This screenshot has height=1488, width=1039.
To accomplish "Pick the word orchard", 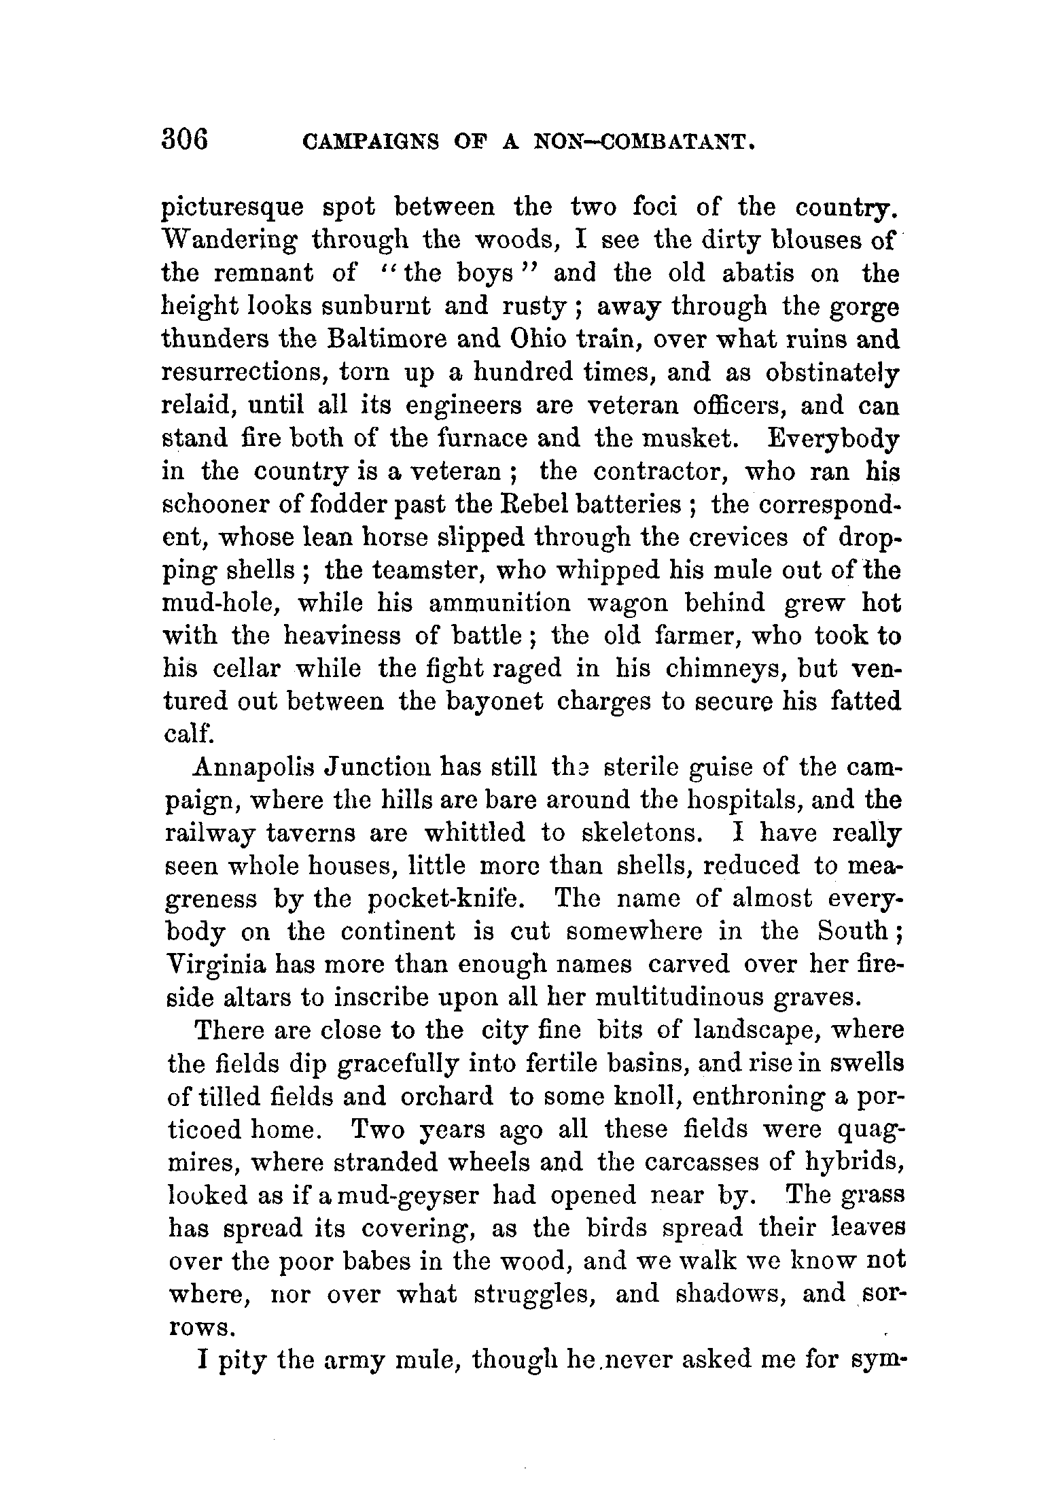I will (x=446, y=1096).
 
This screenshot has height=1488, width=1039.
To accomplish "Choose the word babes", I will (x=373, y=1261).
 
